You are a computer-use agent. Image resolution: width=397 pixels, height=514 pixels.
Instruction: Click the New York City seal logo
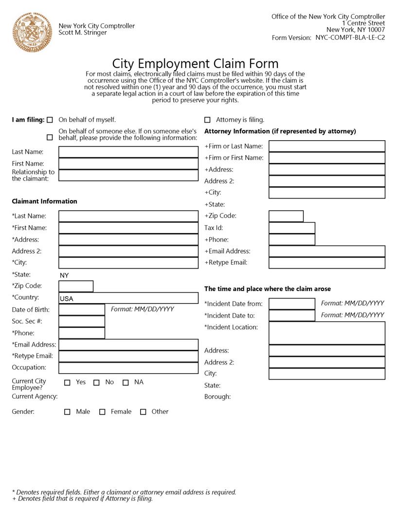pyautogui.click(x=32, y=32)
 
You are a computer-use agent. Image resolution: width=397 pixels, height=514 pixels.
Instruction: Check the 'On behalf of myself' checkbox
pyautogui.click(x=50, y=120)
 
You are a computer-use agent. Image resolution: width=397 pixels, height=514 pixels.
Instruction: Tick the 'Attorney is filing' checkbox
pyautogui.click(x=207, y=120)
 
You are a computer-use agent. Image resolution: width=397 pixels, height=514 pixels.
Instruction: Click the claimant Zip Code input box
pyautogui.click(x=76, y=286)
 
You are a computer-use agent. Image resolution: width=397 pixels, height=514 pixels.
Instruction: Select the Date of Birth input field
pyautogui.click(x=82, y=310)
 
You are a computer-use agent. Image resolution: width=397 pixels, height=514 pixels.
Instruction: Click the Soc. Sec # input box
pyautogui.click(x=82, y=321)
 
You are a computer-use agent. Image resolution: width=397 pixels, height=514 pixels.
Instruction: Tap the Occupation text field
pyautogui.click(x=128, y=368)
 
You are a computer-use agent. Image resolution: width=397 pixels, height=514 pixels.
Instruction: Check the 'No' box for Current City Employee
pyautogui.click(x=96, y=383)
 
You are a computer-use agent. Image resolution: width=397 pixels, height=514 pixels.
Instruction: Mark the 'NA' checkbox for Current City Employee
pyautogui.click(x=126, y=383)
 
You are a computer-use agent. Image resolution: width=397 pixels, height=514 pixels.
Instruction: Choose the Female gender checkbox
pyautogui.click(x=102, y=412)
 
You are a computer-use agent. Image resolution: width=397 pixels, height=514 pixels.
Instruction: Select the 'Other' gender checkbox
pyautogui.click(x=143, y=412)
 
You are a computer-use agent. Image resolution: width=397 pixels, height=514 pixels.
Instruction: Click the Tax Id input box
pyautogui.click(x=292, y=228)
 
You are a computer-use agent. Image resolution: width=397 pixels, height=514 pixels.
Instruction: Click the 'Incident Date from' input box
pyautogui.click(x=292, y=304)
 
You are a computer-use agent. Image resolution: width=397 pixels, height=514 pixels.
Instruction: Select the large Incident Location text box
pyautogui.click(x=327, y=333)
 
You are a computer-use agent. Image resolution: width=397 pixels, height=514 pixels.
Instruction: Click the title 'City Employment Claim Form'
pyautogui.click(x=195, y=64)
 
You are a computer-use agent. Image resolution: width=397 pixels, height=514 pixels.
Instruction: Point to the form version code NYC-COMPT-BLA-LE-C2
pyautogui.click(x=350, y=37)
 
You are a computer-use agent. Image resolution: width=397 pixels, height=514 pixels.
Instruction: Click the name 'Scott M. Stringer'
pyautogui.click(x=82, y=33)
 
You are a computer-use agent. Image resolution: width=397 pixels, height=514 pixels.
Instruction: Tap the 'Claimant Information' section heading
pyautogui.click(x=44, y=201)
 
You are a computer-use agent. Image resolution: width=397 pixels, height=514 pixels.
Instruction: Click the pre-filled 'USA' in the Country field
pyautogui.click(x=67, y=299)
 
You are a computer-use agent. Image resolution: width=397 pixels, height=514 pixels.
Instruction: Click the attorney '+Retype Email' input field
pyautogui.click(x=327, y=263)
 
